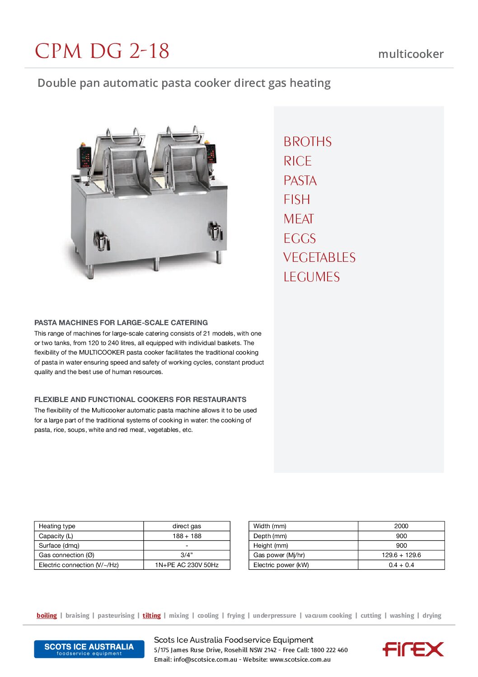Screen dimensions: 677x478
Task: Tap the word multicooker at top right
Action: pyautogui.click(x=411, y=54)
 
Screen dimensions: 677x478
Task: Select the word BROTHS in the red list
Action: pyautogui.click(x=308, y=142)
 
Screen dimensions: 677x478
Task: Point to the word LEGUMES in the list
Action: pyautogui.click(x=311, y=277)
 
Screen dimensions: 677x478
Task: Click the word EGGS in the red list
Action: pyautogui.click(x=300, y=238)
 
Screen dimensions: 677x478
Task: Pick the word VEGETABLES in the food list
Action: pyautogui.click(x=319, y=258)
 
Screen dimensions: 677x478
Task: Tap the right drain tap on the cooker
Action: pyautogui.click(x=215, y=231)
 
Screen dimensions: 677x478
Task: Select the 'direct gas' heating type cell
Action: pyautogui.click(x=187, y=526)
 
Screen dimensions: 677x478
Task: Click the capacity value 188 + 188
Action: pyautogui.click(x=187, y=536)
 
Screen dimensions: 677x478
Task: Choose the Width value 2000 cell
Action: pyautogui.click(x=401, y=526)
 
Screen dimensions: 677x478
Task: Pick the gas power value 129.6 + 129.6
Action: pyautogui.click(x=401, y=555)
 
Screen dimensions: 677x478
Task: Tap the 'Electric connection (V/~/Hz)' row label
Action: pyautogui.click(x=79, y=565)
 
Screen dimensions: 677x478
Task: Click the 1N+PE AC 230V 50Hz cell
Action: pyautogui.click(x=187, y=565)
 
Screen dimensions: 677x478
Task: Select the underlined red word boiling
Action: pyautogui.click(x=47, y=615)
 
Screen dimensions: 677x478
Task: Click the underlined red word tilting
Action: pyautogui.click(x=151, y=615)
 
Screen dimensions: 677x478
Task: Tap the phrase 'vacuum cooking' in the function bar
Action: pyautogui.click(x=328, y=615)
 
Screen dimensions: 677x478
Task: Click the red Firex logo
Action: pyautogui.click(x=413, y=649)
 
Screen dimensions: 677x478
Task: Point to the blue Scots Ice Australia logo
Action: pyautogui.click(x=89, y=649)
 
